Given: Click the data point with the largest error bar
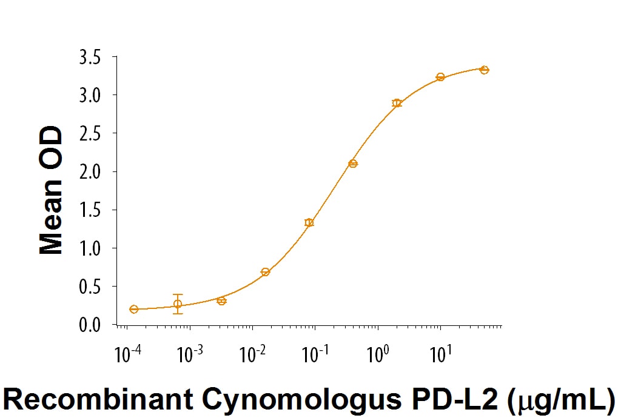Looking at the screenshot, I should pos(178,304).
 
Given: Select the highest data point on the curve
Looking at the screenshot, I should pos(484,70).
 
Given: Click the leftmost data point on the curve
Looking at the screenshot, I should pos(134,309).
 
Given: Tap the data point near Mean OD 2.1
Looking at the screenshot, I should pos(353,164).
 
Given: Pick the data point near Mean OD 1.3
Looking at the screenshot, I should pos(309,222).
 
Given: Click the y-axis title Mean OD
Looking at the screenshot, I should pos(51,191).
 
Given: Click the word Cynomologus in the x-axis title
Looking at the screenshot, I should pos(295,400).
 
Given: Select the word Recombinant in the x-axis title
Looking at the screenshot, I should pos(98,400).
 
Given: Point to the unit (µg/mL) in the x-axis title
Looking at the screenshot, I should pos(562,400).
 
